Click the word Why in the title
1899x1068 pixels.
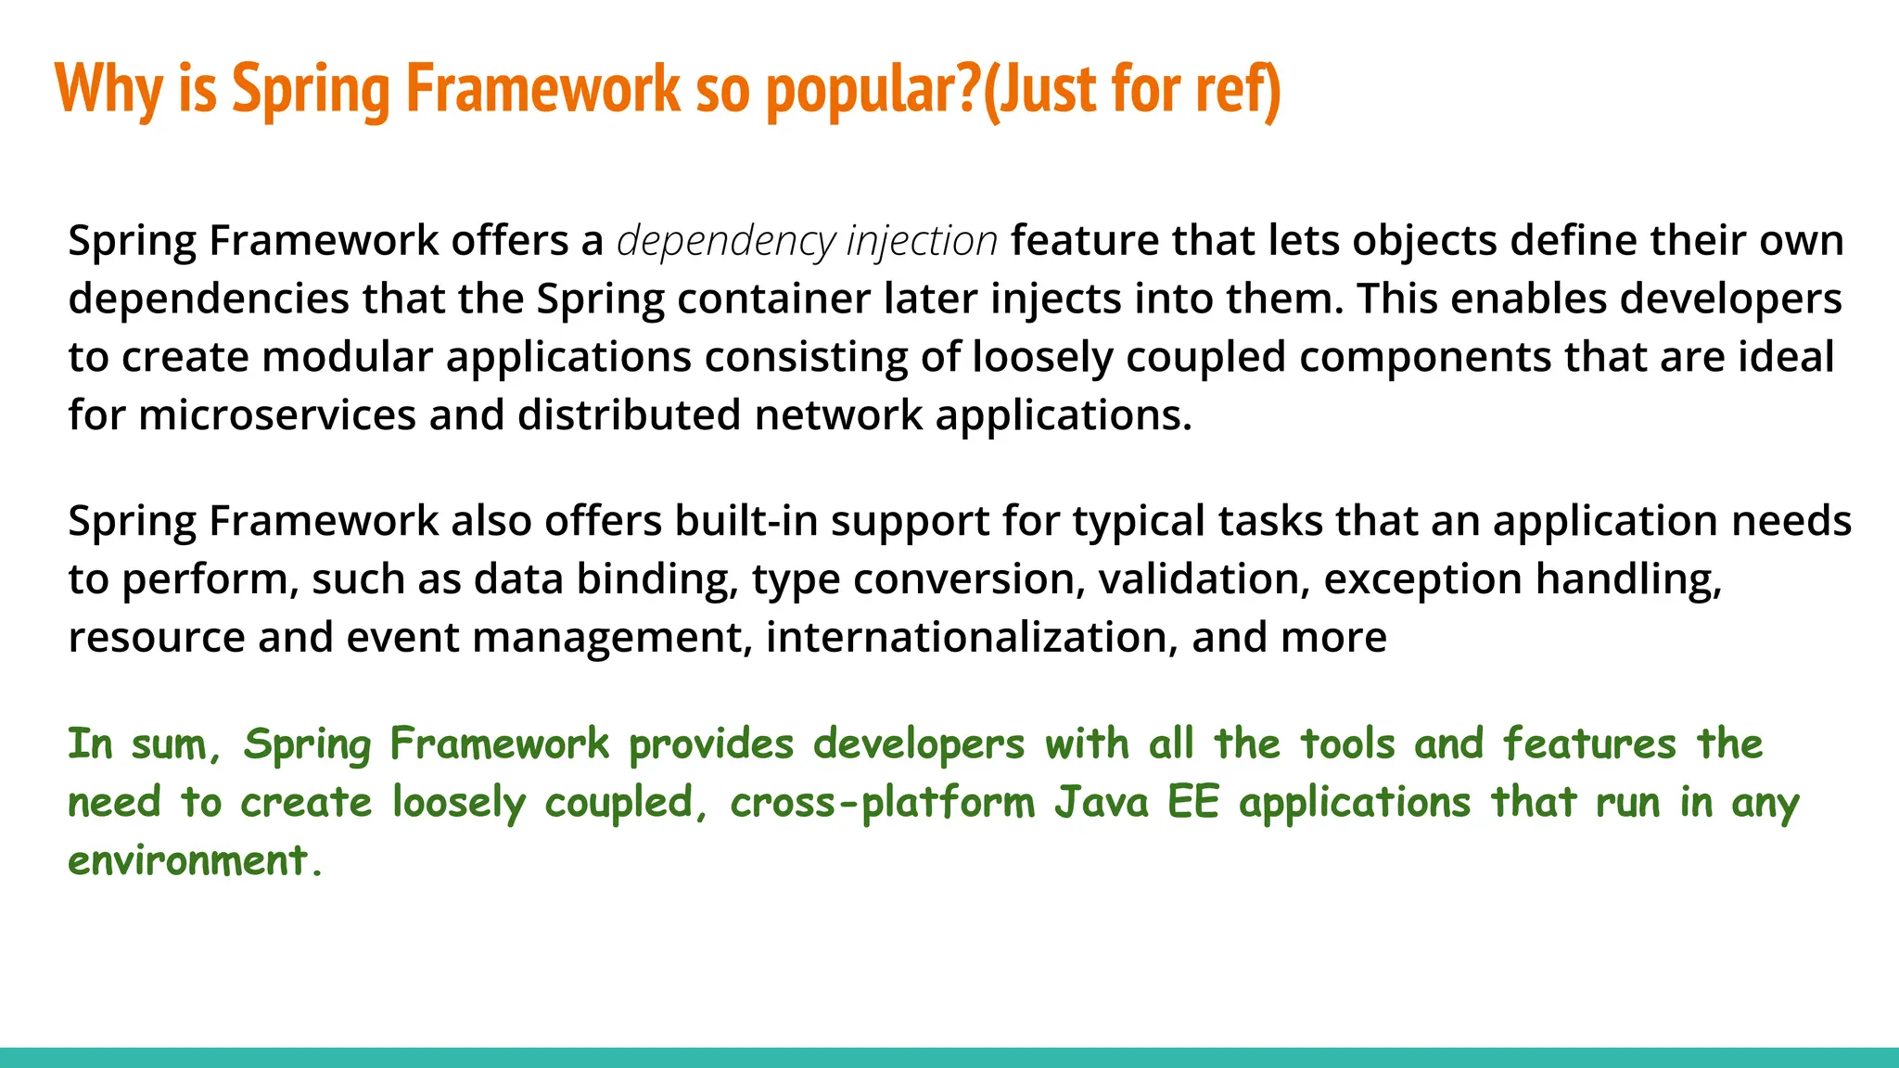[108, 89]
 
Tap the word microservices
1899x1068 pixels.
[277, 415]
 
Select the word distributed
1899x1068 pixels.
[629, 415]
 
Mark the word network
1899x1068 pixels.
[838, 415]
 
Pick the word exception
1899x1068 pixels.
[1422, 579]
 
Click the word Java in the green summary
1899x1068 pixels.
[1102, 803]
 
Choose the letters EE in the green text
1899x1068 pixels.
[1192, 803]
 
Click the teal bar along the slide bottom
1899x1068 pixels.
[949, 1058]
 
